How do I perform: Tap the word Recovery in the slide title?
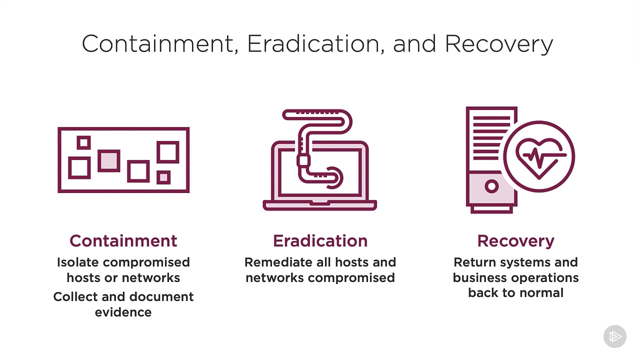[x=499, y=44]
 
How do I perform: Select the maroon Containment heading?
[x=123, y=241]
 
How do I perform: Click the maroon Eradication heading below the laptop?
[x=320, y=241]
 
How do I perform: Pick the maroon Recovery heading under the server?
[x=515, y=241]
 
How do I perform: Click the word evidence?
[x=123, y=312]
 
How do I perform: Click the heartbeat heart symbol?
[x=539, y=157]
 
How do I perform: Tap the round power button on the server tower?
[x=491, y=186]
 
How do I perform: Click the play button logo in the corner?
[x=615, y=336]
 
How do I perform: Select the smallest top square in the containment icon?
[x=83, y=142]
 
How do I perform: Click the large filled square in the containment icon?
[x=109, y=161]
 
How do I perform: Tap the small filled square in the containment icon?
[x=163, y=177]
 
